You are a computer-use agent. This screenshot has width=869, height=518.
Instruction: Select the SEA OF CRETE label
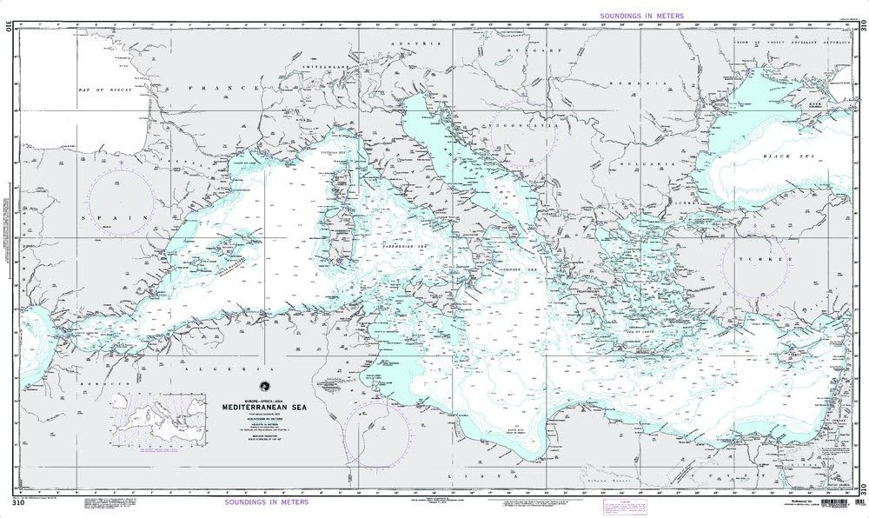coord(641,333)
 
